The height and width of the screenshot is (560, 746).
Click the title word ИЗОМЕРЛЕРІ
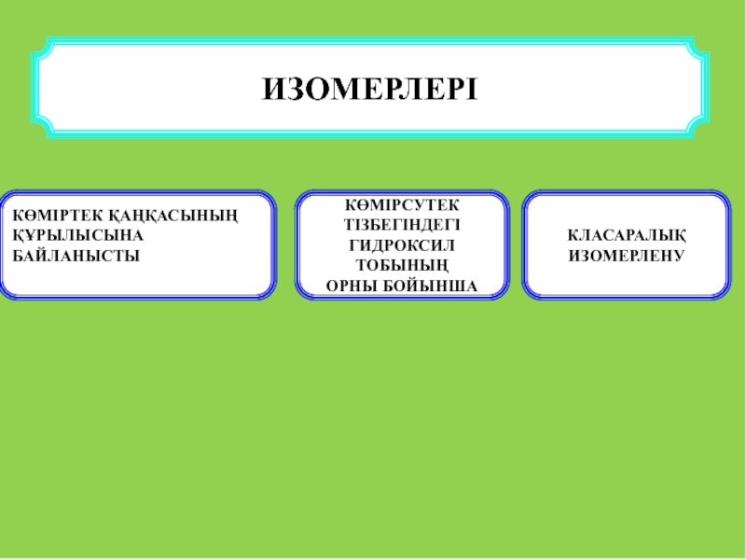point(369,89)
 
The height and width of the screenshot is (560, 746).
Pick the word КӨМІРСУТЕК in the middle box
point(402,204)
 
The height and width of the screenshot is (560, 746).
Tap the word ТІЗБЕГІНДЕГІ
point(402,224)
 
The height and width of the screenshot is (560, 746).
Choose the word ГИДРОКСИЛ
point(402,245)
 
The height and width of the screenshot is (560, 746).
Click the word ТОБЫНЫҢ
point(402,265)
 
